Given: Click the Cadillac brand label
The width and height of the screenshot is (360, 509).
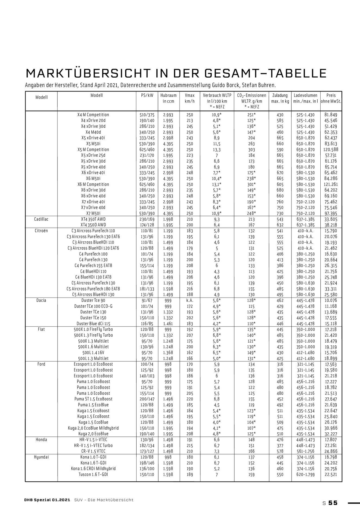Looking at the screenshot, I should click(41, 219).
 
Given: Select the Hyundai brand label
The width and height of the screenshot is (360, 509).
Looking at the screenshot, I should click(41, 457).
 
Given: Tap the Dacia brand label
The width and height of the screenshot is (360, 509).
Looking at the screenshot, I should click(41, 300).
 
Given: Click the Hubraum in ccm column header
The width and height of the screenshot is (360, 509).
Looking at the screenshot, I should click(168, 98).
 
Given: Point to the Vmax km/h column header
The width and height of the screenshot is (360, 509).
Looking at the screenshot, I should click(190, 98).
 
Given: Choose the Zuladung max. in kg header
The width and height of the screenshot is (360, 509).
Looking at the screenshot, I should click(280, 98).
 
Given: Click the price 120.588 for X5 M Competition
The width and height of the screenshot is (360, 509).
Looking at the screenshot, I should click(331, 150).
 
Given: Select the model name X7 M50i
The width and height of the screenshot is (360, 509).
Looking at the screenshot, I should click(93, 213).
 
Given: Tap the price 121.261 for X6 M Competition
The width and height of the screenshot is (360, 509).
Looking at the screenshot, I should click(331, 184).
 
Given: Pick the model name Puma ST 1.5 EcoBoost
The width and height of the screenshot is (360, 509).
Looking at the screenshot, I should click(93, 399).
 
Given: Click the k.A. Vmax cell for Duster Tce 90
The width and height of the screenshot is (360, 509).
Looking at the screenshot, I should click(190, 301).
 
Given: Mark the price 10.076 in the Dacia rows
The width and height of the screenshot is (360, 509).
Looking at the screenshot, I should click(331, 300).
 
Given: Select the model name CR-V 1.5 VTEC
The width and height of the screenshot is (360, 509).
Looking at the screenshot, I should click(93, 451).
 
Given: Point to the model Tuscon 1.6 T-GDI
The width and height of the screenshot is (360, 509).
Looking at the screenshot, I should click(93, 474).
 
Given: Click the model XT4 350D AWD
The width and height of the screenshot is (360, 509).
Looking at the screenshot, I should click(93, 225).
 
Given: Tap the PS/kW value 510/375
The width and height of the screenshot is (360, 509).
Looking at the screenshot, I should click(147, 115).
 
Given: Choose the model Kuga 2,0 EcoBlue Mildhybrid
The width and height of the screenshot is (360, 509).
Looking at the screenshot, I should click(93, 428).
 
